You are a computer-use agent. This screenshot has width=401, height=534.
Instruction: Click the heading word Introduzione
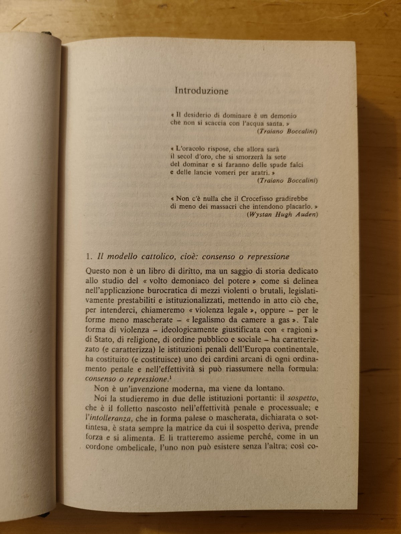[202, 91]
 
